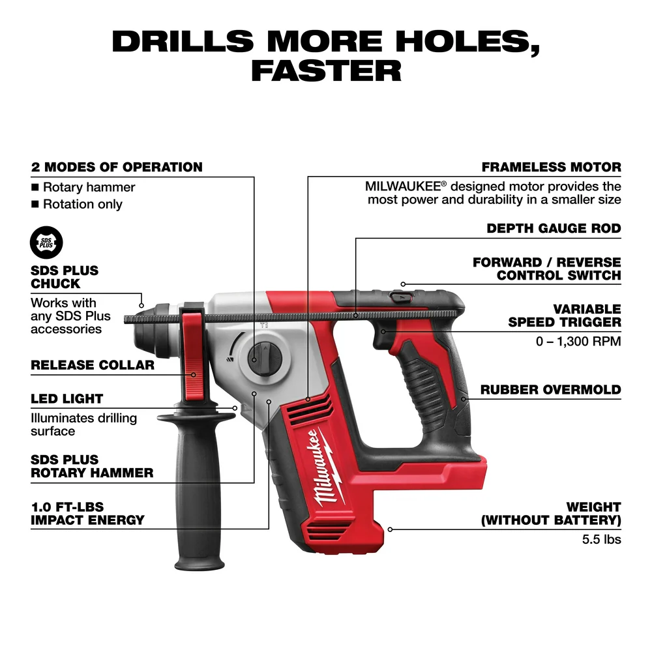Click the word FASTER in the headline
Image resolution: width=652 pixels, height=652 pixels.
[x=326, y=70]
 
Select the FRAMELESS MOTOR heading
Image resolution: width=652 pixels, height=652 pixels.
[x=551, y=168]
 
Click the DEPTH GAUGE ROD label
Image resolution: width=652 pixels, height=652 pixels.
[x=554, y=229]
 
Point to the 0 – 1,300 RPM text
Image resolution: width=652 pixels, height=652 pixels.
[x=578, y=341]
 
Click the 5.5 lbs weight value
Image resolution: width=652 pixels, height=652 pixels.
[x=601, y=539]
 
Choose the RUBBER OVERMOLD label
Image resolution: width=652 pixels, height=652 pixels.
[x=550, y=390]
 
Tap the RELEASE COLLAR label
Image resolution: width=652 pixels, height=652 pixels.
[x=93, y=365]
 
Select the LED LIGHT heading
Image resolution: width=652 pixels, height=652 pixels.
[x=67, y=398]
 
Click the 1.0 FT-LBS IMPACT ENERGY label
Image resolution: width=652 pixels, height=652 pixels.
[x=87, y=513]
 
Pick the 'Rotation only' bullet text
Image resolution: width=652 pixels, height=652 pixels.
[x=82, y=204]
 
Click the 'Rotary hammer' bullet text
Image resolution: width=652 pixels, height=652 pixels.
[x=89, y=187]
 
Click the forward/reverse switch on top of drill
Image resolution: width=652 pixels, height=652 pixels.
[x=398, y=297]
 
